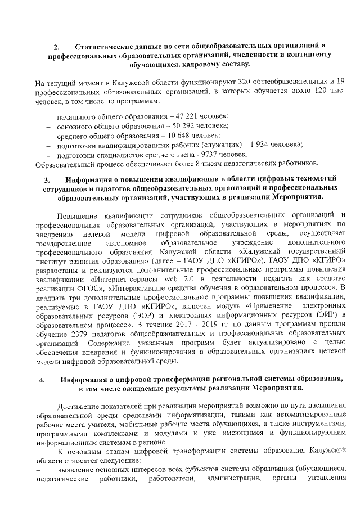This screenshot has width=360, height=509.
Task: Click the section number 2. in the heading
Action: tap(56, 47)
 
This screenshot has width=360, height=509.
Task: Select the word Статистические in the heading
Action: tap(105, 46)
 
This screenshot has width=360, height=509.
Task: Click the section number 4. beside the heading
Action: tap(43, 380)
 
